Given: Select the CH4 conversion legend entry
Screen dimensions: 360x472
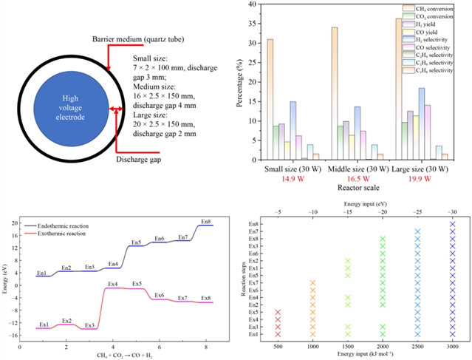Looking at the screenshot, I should pos(438,8).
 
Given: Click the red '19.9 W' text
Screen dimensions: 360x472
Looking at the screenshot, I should pos(419,180).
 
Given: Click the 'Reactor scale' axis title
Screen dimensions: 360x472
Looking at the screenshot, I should pos(354,189).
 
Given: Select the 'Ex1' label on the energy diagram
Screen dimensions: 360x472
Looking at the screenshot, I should pos(44,324).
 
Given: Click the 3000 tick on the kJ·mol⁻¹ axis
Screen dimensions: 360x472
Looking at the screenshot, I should pos(452,344).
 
